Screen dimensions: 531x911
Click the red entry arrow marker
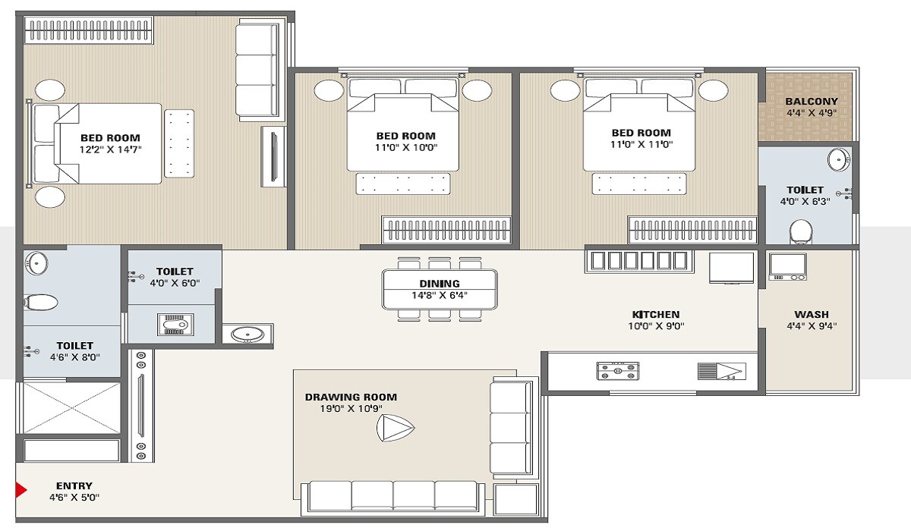pos(20,491)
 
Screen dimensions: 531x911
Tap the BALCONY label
pos(812,102)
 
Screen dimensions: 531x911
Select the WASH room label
pos(812,314)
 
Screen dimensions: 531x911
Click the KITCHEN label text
pos(656,314)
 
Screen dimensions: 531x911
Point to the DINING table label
pos(440,284)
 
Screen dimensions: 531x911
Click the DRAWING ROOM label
pos(351,397)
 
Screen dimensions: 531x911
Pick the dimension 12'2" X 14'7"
pos(111,149)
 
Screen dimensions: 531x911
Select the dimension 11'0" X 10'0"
pos(406,147)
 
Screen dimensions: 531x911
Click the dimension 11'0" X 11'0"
pos(641,144)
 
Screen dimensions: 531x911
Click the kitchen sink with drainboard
pos(721,371)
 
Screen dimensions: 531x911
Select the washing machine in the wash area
pos(787,267)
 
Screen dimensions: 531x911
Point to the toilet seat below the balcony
pos(800,231)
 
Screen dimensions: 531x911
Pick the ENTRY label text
pos(74,486)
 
